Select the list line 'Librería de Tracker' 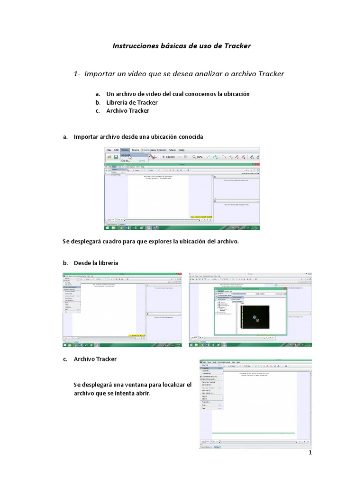pyautogui.click(x=132, y=102)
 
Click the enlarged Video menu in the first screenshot pyautogui.click(x=125, y=150)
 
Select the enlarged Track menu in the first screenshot pyautogui.click(x=136, y=150)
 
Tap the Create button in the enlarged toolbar pyautogui.click(x=168, y=157)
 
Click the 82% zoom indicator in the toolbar pyautogui.click(x=197, y=157)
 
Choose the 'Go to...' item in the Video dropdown pyautogui.click(x=126, y=161)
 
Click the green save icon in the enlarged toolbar pyautogui.click(x=116, y=157)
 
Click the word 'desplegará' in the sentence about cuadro pyautogui.click(x=85, y=241)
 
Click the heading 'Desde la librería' pyautogui.click(x=96, y=262)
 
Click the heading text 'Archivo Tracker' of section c pyautogui.click(x=95, y=359)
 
